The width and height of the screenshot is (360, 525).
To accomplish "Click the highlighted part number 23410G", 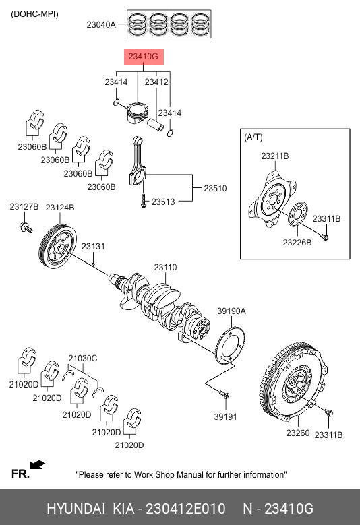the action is pyautogui.click(x=144, y=57).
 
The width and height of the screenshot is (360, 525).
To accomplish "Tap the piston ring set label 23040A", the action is pyautogui.click(x=101, y=24).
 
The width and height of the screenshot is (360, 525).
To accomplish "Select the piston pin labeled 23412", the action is pyautogui.click(x=156, y=125).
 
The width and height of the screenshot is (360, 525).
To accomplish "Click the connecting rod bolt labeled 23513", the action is pyautogui.click(x=144, y=200).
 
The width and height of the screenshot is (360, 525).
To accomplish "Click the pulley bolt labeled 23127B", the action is pyautogui.click(x=26, y=228).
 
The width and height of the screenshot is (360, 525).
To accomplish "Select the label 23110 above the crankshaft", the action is pyautogui.click(x=165, y=267).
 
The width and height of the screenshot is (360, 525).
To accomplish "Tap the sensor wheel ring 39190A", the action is pyautogui.click(x=230, y=346).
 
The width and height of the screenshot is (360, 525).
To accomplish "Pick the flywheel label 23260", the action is pyautogui.click(x=298, y=433).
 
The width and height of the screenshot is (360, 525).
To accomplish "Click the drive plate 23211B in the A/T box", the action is pyautogui.click(x=272, y=200).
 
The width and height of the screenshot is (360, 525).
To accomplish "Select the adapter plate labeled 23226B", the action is pyautogui.click(x=298, y=214).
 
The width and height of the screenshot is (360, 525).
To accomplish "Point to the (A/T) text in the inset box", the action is pyautogui.click(x=253, y=137).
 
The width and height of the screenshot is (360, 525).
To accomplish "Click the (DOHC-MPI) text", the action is pyautogui.click(x=34, y=14).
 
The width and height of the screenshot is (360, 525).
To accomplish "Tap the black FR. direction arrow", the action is pyautogui.click(x=37, y=464).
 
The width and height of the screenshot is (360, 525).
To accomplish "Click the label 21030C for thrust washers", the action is pyautogui.click(x=83, y=359).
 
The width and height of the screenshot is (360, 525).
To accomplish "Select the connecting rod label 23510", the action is pyautogui.click(x=215, y=188).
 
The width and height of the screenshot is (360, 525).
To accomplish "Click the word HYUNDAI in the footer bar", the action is pyautogui.click(x=76, y=509).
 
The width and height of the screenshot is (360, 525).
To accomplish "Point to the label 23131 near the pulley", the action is pyautogui.click(x=93, y=246).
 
